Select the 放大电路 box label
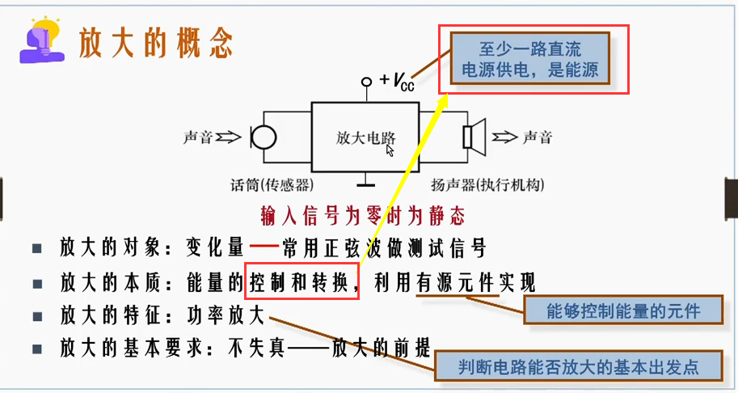(365, 137)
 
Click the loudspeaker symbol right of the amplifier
(473, 136)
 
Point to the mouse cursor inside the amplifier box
(390, 150)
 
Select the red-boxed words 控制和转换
(300, 283)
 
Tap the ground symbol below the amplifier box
(368, 180)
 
